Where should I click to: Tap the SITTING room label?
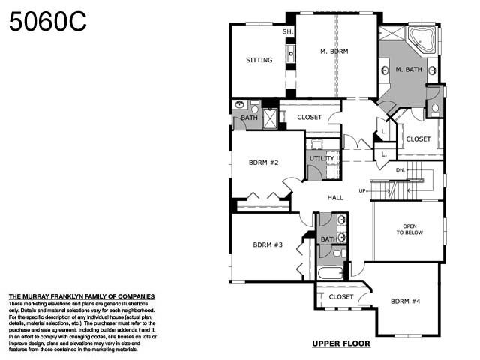(259, 60)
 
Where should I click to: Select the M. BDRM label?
(334, 52)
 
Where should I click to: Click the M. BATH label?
(409, 70)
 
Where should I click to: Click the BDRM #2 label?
(264, 162)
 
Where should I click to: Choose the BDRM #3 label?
(268, 244)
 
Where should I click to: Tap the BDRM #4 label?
(406, 301)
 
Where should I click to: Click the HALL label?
(335, 197)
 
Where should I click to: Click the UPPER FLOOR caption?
(341, 343)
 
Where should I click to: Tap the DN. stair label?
(401, 170)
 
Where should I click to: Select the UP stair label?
(363, 191)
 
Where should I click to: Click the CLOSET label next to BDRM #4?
(341, 297)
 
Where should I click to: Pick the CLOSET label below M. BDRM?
(309, 117)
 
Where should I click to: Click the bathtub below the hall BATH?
(331, 271)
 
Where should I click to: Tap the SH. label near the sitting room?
(287, 31)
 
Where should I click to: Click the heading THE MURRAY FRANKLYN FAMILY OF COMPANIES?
(81, 296)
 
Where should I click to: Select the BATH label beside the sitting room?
(249, 118)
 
